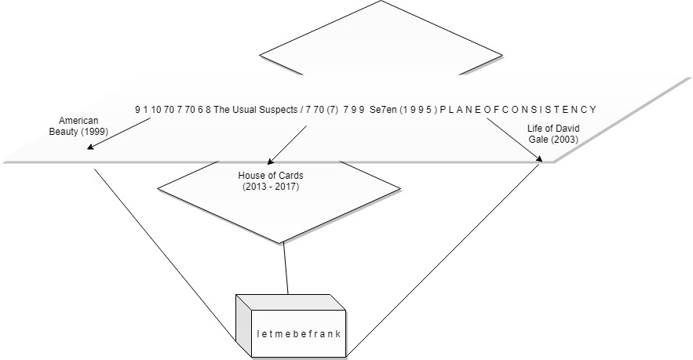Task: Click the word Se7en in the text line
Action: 383,110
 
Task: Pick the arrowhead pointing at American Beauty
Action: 91,146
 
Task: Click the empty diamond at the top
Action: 381,43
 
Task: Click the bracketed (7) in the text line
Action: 332,110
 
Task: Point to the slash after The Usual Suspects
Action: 302,110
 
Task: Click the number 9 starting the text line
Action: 137,110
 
